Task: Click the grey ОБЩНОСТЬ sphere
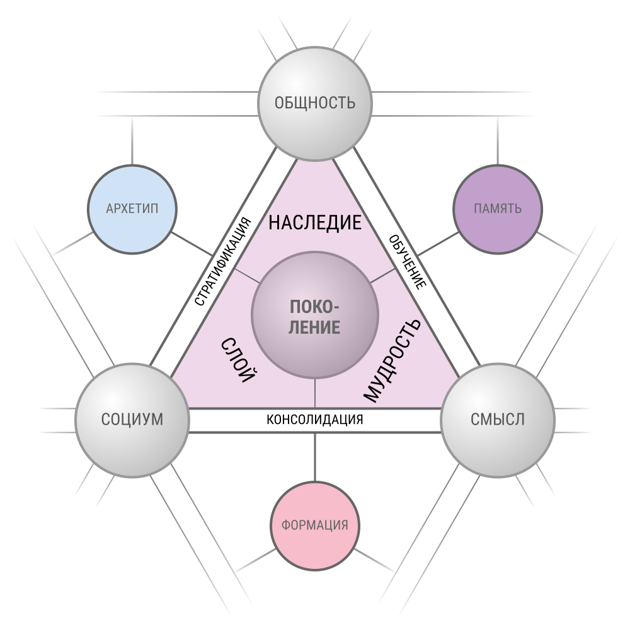coord(315,104)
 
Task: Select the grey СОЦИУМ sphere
coord(132,420)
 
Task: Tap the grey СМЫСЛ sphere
coord(498,420)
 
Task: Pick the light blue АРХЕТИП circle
coord(132,209)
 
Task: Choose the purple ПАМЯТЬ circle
coord(498,209)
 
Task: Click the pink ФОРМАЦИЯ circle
coord(315,525)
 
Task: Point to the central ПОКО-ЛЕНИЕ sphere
coord(315,315)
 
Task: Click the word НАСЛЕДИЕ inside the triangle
coord(315,222)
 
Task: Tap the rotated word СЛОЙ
coord(238,360)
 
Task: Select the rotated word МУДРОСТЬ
coord(392,360)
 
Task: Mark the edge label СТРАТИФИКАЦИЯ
coord(222,261)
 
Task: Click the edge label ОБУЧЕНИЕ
coord(408,262)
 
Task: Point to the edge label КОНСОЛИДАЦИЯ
coord(315,420)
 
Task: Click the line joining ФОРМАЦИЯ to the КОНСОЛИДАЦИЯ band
coord(315,457)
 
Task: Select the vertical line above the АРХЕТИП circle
coord(132,140)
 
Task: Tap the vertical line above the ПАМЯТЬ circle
coord(498,140)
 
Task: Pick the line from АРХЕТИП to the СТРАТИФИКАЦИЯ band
coord(192,244)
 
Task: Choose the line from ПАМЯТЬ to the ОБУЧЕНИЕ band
coord(438,244)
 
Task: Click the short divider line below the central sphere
coord(315,393)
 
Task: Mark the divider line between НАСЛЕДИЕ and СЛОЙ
coord(247,276)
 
